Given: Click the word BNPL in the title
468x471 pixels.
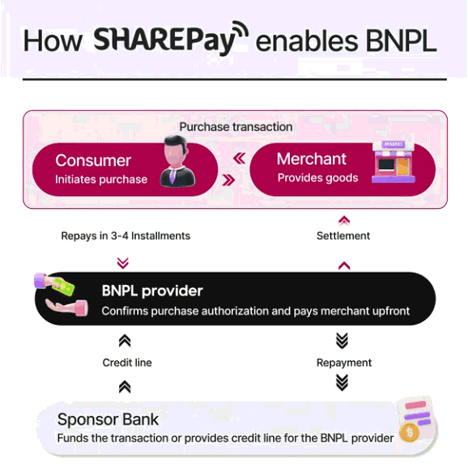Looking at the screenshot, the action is pos(401,41).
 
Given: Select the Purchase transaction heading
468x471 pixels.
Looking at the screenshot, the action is pos(236,127).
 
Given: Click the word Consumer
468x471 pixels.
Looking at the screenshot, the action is pos(93,160).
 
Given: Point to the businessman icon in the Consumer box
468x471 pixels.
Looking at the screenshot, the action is pos(177,162).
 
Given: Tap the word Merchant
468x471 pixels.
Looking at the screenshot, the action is pos(312,159).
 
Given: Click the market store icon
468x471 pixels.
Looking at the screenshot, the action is pos(394,162).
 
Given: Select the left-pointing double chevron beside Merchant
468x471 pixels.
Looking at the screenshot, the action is pos(239,159).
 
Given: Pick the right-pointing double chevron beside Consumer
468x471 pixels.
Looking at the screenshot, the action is pos(228,180).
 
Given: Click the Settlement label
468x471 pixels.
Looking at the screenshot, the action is pos(343,235).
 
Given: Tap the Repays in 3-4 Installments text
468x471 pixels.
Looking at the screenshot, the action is pos(126,235).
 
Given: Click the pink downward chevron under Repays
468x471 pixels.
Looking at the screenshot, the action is pos(123,263).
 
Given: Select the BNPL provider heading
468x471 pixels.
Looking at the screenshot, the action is pos(152,291).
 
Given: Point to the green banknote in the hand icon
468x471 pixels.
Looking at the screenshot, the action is pos(63,286).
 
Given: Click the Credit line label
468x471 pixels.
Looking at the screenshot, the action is pos(127,363).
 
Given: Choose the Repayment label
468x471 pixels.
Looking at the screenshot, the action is pos(344,363).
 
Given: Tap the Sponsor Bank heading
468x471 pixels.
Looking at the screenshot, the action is pos(108,419).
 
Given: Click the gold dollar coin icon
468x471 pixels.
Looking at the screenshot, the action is pos(409,432).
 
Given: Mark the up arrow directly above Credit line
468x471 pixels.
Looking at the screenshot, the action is pos(125,342).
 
